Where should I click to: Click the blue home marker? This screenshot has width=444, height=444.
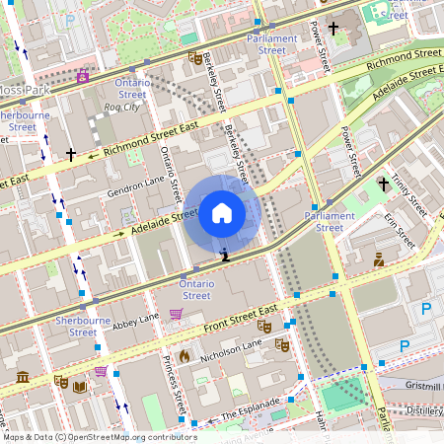[x=222, y=213]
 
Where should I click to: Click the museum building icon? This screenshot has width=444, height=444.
[x=23, y=377]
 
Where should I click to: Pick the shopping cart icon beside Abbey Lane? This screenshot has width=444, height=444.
[x=176, y=314]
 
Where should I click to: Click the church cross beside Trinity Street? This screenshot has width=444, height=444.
[x=384, y=184]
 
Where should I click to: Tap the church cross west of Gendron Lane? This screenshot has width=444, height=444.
[x=71, y=155]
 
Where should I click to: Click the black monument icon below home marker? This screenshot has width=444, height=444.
[x=225, y=255]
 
